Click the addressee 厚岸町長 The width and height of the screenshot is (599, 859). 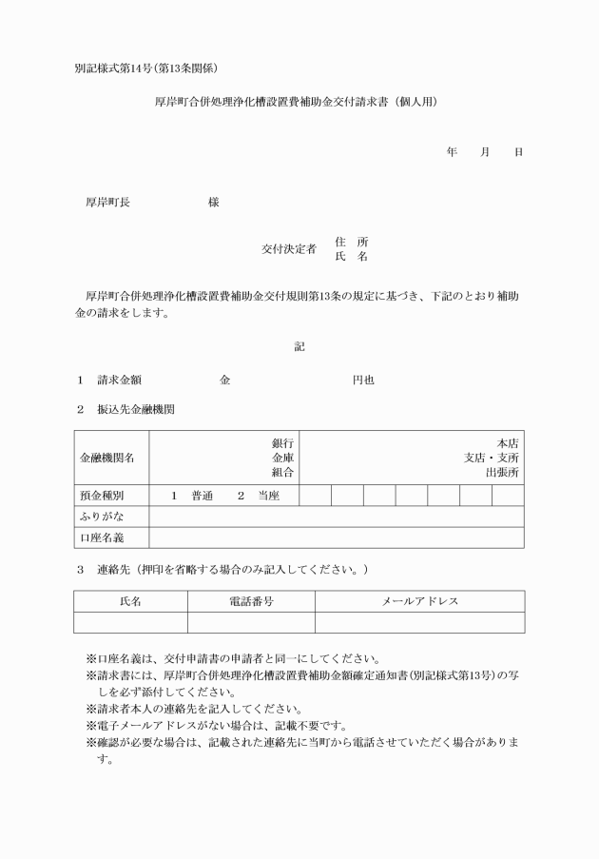coord(107,203)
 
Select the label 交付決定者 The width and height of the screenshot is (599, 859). coord(289,249)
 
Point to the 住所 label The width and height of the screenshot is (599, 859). coord(351,242)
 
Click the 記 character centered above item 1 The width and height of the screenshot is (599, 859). coord(299,347)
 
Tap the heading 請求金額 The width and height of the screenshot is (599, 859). coord(119,380)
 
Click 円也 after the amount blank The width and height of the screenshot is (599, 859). coord(363,380)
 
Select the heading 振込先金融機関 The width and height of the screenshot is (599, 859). coord(135,410)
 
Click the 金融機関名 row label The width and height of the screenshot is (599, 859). coord(106,457)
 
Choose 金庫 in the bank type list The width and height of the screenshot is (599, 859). coord(282,457)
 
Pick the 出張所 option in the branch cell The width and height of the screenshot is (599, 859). coord(501,471)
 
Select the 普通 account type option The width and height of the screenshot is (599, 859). coord(202,496)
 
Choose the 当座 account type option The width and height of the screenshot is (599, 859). coord(268,496)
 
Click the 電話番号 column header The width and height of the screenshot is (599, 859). coord(251,601)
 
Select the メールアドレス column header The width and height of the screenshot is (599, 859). coord(419,601)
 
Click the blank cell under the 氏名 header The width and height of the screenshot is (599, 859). coord(130,622)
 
